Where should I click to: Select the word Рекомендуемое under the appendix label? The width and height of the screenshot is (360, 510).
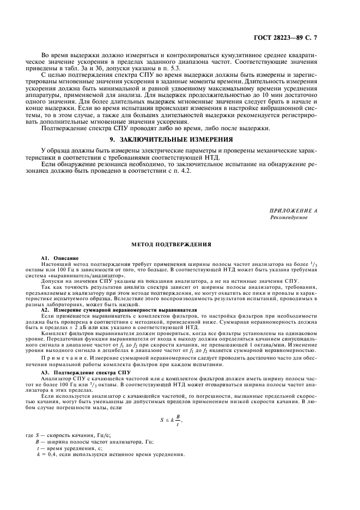pyautogui.click(x=289, y=217)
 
